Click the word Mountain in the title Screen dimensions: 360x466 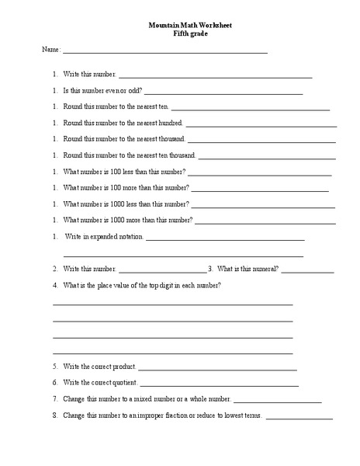(x=163, y=25)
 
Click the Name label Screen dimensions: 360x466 (x=50, y=50)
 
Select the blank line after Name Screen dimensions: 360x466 (x=164, y=52)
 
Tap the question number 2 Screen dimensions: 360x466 (x=55, y=269)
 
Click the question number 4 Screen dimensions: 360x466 (x=55, y=286)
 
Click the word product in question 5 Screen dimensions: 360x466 (x=126, y=366)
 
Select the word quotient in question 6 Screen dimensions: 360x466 (x=125, y=382)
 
